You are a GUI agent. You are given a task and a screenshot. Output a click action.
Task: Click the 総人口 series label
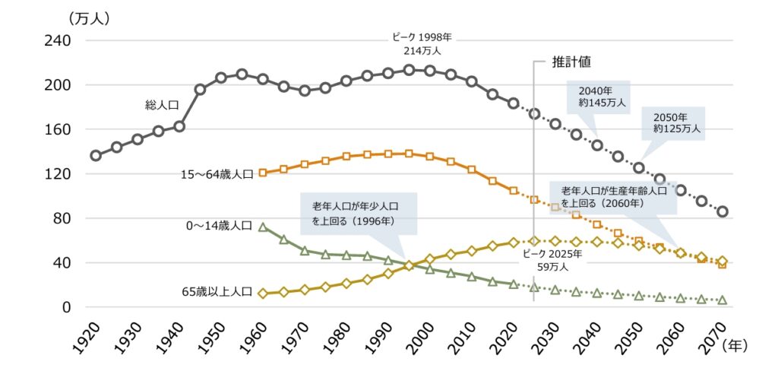(x=160, y=105)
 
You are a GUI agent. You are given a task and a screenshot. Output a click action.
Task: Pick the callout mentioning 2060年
(x=613, y=197)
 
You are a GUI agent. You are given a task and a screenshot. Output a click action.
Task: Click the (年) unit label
(x=735, y=345)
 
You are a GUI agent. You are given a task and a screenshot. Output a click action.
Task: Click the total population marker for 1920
(x=96, y=156)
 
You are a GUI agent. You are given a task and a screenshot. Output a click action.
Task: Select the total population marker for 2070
(x=723, y=211)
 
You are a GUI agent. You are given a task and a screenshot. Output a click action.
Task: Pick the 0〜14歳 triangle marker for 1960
(x=263, y=227)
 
